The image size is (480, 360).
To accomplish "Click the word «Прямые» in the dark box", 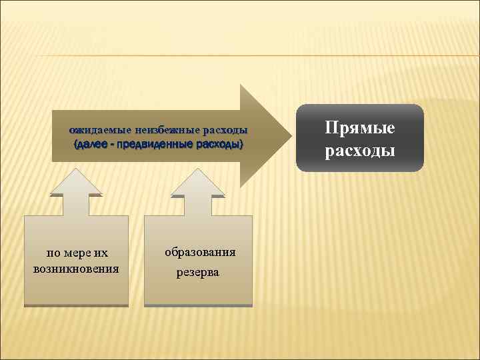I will pyautogui.click(x=360, y=127).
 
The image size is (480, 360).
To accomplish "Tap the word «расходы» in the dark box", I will pyautogui.click(x=360, y=151).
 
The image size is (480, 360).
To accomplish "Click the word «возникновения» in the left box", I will pyautogui.click(x=76, y=269).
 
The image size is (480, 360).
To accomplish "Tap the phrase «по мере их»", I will pyautogui.click(x=76, y=253).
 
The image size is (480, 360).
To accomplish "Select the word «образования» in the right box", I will pyautogui.click(x=199, y=252).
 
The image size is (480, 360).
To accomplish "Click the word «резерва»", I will pyautogui.click(x=197, y=272).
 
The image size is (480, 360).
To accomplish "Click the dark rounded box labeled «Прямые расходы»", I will pyautogui.click(x=360, y=139).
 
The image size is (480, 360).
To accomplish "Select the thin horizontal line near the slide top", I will pyautogui.click(x=240, y=55).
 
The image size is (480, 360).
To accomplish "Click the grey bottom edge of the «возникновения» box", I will pyautogui.click(x=76, y=305).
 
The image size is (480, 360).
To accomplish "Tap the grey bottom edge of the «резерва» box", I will pyautogui.click(x=198, y=305).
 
